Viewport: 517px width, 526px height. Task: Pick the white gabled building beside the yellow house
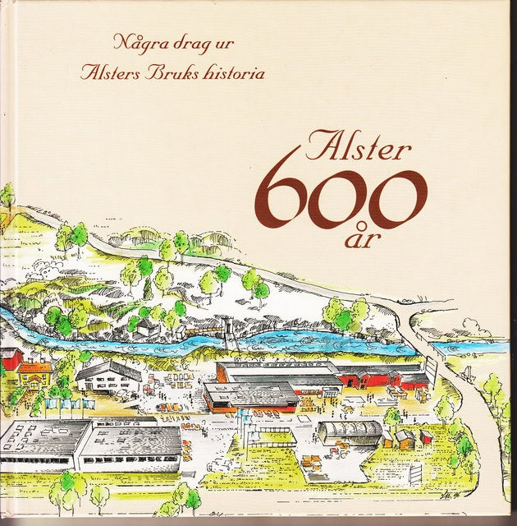tap(108, 376)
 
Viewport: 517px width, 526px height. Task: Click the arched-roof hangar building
tap(350, 431)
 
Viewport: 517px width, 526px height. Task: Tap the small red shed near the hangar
tap(425, 436)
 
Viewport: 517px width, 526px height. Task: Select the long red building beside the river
tap(382, 379)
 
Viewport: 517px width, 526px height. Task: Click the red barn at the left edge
tap(10, 358)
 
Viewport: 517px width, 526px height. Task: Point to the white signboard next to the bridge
tap(416, 473)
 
